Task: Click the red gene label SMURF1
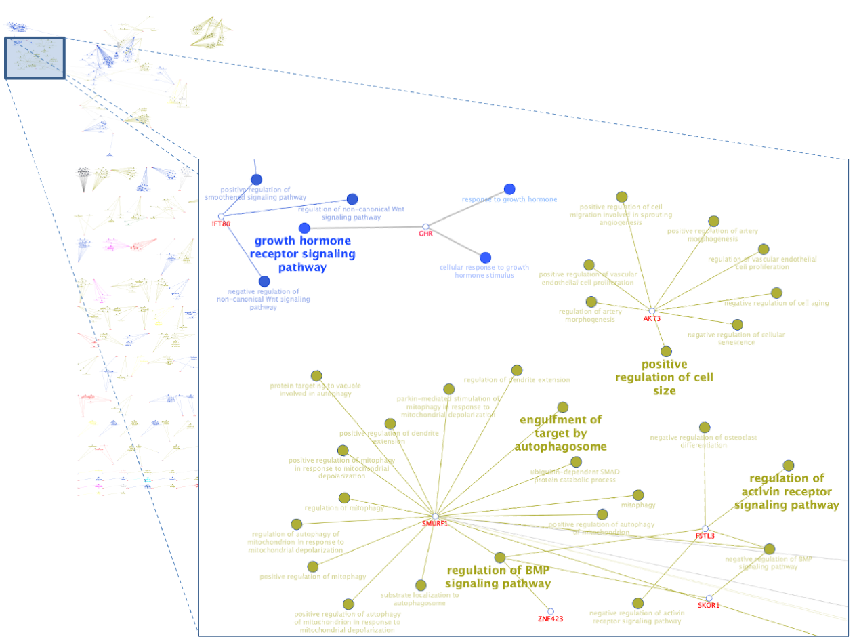point(435,523)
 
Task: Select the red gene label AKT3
point(652,318)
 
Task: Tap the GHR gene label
point(425,234)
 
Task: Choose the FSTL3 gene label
point(705,536)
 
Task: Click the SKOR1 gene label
point(709,605)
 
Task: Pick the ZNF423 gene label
point(551,618)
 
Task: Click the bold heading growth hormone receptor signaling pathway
point(302,254)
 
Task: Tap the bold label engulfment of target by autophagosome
point(560,433)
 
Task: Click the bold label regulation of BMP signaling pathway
point(498,576)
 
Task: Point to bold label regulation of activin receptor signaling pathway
point(787,491)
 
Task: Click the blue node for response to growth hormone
point(509,189)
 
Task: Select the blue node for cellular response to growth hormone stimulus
point(485,257)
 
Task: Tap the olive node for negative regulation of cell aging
point(776,293)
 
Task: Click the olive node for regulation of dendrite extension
point(517,370)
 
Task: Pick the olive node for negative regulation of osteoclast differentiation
point(705,427)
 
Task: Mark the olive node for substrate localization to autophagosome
point(421,585)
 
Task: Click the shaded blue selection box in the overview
point(35,58)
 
